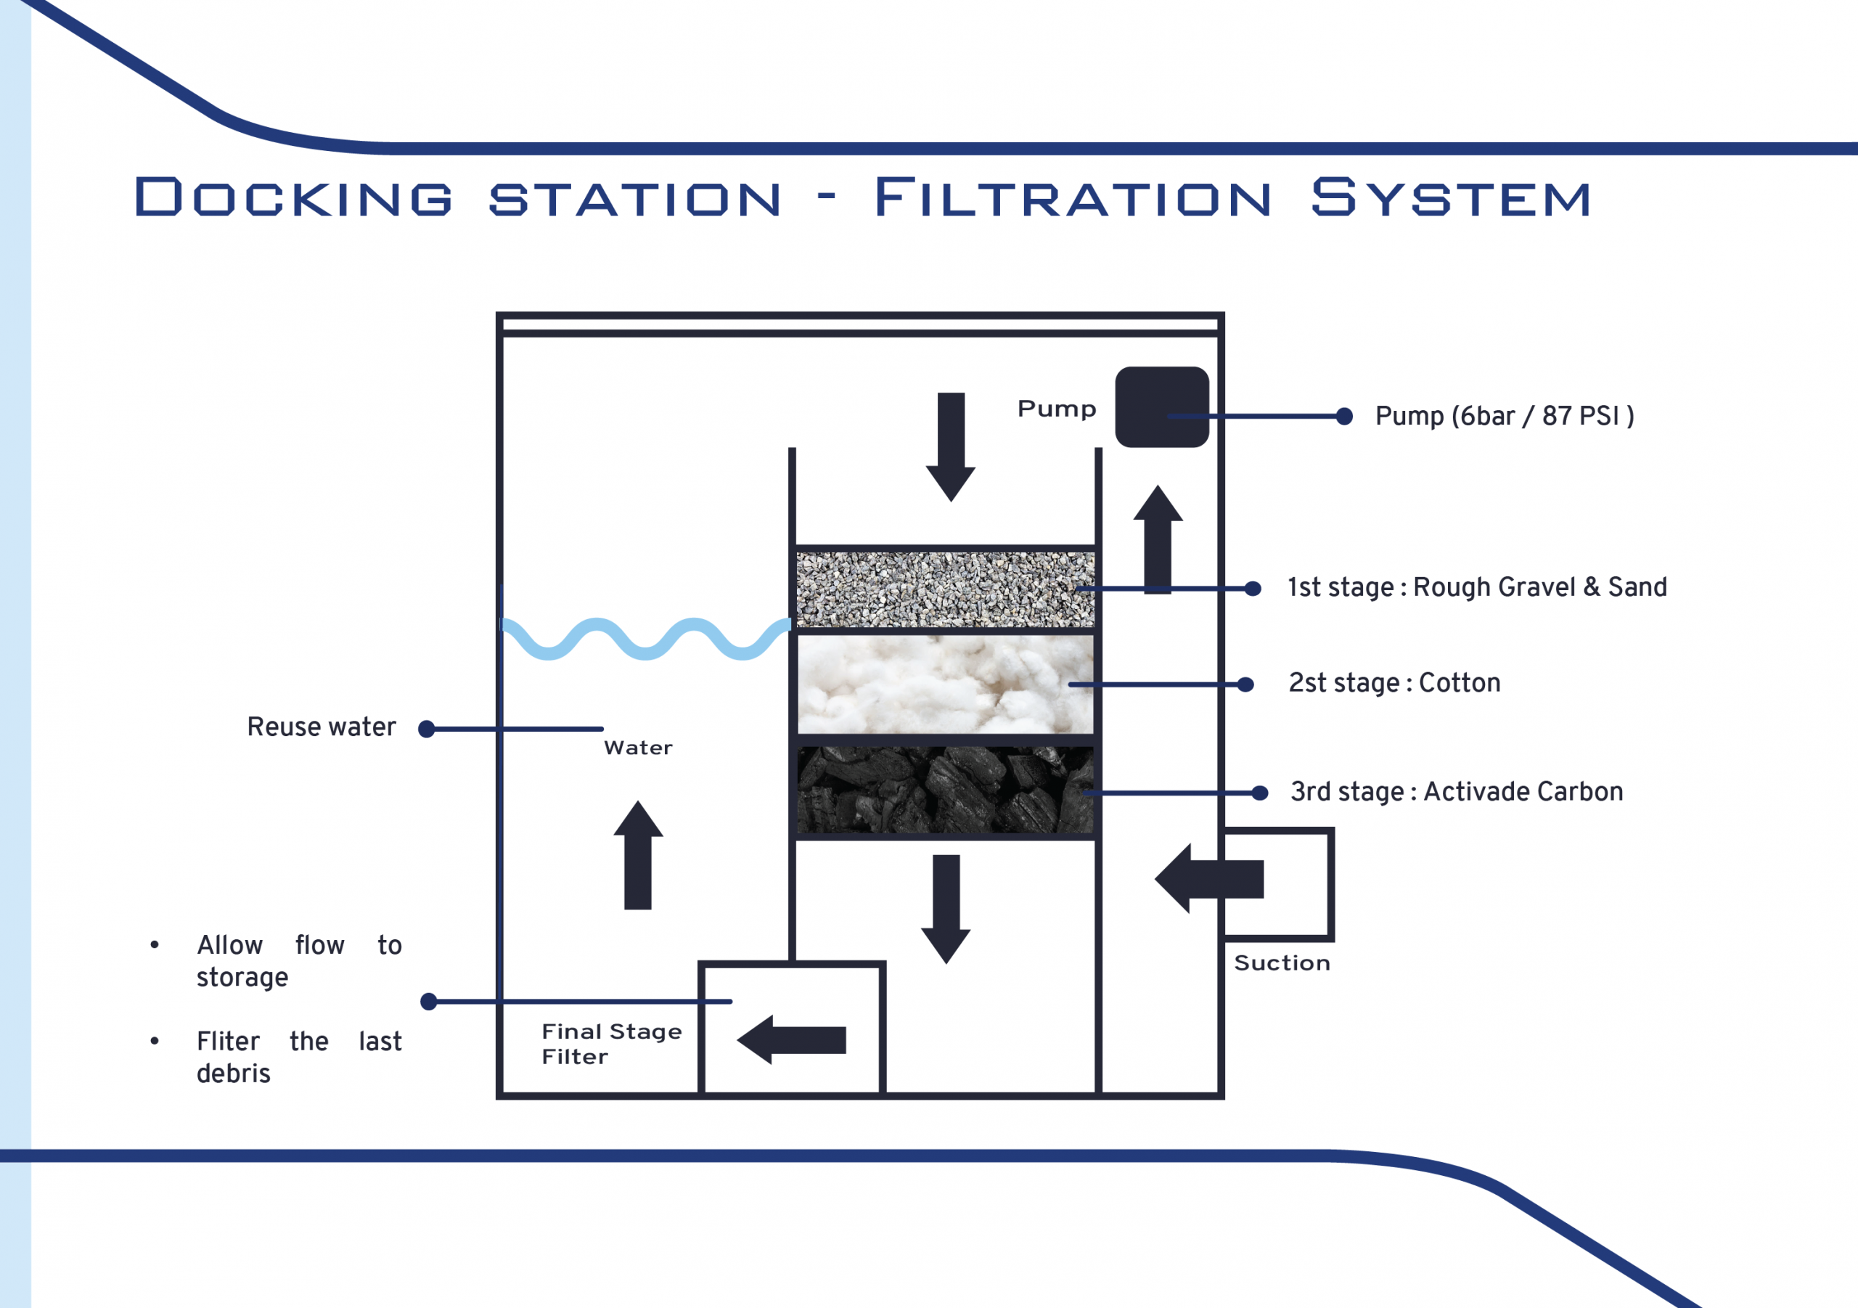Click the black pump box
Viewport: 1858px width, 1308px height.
click(x=1162, y=407)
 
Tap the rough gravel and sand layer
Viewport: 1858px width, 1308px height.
click(x=945, y=589)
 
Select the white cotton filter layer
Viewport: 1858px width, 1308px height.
click(x=945, y=684)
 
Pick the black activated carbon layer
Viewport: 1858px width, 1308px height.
click(x=945, y=790)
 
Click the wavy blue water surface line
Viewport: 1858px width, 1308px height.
click(x=646, y=639)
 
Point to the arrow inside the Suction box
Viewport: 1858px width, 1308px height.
click(x=1209, y=879)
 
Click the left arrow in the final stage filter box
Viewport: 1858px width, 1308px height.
click(x=791, y=1040)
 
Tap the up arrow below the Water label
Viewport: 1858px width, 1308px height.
click(x=638, y=855)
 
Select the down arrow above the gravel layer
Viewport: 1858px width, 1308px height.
click(x=951, y=448)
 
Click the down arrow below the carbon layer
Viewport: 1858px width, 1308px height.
click(x=946, y=910)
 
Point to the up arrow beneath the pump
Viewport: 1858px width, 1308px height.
click(x=1158, y=539)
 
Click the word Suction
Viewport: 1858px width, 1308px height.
click(x=1282, y=963)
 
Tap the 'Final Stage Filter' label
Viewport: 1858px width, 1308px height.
click(x=612, y=1044)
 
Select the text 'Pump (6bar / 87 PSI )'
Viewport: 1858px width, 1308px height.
click(x=1505, y=416)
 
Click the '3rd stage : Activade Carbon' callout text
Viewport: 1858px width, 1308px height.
click(x=1457, y=792)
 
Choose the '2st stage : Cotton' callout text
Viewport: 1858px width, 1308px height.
click(x=1394, y=683)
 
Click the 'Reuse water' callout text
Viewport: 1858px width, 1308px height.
click(x=322, y=727)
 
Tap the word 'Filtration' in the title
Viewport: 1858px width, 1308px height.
click(x=1073, y=198)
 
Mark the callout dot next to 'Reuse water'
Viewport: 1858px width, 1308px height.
click(x=427, y=729)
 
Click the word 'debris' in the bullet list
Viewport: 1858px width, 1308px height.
click(x=233, y=1074)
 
